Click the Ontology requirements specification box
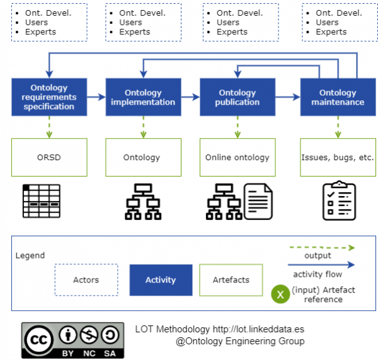(x=49, y=97)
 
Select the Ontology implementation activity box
(x=143, y=97)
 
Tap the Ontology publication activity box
(x=238, y=97)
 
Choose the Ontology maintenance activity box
(x=338, y=97)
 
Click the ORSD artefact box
(x=49, y=158)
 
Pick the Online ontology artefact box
(x=238, y=158)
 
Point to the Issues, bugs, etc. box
(x=338, y=158)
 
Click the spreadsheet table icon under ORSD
(x=42, y=201)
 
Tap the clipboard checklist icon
(x=339, y=200)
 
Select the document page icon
(x=258, y=202)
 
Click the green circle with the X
(x=280, y=294)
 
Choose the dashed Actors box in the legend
(x=86, y=280)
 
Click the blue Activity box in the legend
(x=161, y=280)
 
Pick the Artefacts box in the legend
(x=231, y=280)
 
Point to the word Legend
(x=30, y=255)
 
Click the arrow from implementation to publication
(x=190, y=97)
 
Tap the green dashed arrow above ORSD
(x=49, y=127)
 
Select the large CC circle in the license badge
(x=39, y=340)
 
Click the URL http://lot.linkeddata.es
(x=258, y=329)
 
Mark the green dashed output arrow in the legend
(x=322, y=248)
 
